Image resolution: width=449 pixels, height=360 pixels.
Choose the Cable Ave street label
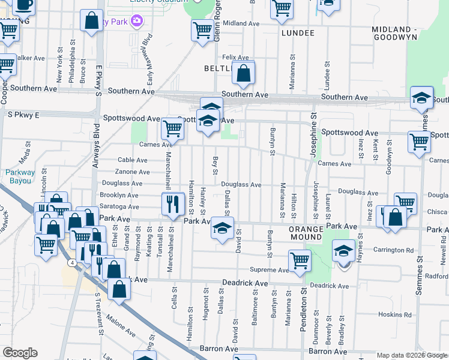click(x=133, y=160)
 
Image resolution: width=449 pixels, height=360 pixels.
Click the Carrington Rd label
click(x=393, y=250)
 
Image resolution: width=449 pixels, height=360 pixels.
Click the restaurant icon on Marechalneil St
click(x=173, y=204)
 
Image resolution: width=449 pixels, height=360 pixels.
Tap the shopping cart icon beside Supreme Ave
click(x=300, y=260)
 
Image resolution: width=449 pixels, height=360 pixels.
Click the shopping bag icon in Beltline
click(x=244, y=74)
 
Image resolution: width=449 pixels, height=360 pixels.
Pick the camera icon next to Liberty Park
click(x=137, y=22)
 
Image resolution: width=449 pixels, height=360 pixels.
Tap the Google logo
click(x=20, y=353)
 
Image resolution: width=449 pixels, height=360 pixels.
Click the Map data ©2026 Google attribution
click(x=411, y=355)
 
